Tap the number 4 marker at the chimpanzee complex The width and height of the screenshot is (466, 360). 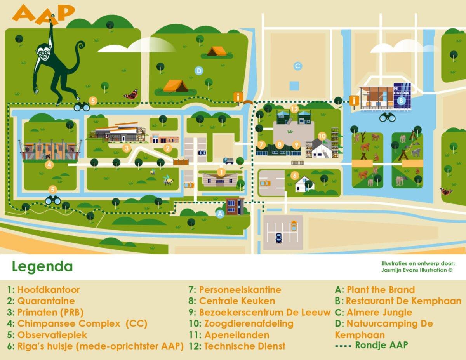pyautogui.click(x=49, y=165)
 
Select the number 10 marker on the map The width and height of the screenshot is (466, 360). pyautogui.click(x=322, y=136)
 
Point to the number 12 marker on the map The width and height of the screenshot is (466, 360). pyautogui.click(x=294, y=110)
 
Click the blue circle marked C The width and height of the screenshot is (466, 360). pyautogui.click(x=298, y=66)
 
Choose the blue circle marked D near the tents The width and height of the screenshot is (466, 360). pyautogui.click(x=199, y=71)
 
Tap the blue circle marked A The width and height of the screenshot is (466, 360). pyautogui.click(x=220, y=213)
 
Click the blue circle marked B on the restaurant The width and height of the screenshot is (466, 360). pyautogui.click(x=402, y=100)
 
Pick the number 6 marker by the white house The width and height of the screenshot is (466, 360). pyautogui.click(x=295, y=176)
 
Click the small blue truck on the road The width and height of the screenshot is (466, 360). pyautogui.click(x=228, y=160)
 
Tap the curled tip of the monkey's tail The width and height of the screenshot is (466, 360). pyautogui.click(x=81, y=46)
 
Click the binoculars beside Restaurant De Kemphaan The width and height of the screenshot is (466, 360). pyautogui.click(x=387, y=117)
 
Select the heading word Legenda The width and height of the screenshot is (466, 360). pyautogui.click(x=42, y=267)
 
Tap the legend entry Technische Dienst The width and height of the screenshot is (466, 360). pyautogui.click(x=245, y=346)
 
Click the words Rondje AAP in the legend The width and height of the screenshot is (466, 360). pyautogui.click(x=381, y=345)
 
